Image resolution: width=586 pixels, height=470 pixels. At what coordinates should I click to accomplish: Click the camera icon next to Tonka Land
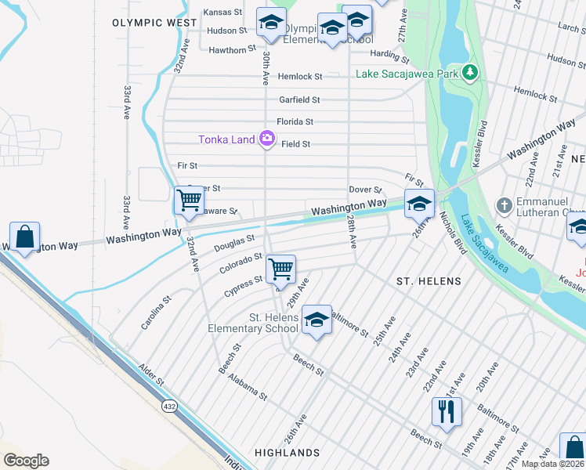point(267,139)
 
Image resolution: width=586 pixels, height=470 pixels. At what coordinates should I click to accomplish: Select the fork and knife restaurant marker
point(447,410)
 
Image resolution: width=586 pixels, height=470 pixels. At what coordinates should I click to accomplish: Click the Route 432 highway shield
point(169,407)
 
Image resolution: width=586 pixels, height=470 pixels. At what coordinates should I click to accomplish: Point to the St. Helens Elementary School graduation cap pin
point(317,320)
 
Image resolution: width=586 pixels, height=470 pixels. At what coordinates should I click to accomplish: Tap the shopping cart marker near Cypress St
point(280,269)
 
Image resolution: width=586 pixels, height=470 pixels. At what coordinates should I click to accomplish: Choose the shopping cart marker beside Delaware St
point(189,201)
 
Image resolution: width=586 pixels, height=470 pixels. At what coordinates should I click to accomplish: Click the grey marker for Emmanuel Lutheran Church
point(505,205)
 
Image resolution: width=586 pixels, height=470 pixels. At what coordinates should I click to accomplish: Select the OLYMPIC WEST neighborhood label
point(154,23)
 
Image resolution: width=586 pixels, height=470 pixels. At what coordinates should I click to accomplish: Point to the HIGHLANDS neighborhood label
point(288,453)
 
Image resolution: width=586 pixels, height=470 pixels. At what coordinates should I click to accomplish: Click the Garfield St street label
point(299,99)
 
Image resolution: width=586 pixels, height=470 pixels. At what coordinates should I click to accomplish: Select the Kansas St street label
point(225,13)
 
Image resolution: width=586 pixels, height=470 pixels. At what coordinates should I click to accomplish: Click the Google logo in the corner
point(26,461)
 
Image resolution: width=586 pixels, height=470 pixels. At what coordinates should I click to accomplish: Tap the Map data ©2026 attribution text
point(552,464)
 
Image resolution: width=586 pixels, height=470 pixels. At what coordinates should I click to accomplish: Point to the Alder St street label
point(151,373)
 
